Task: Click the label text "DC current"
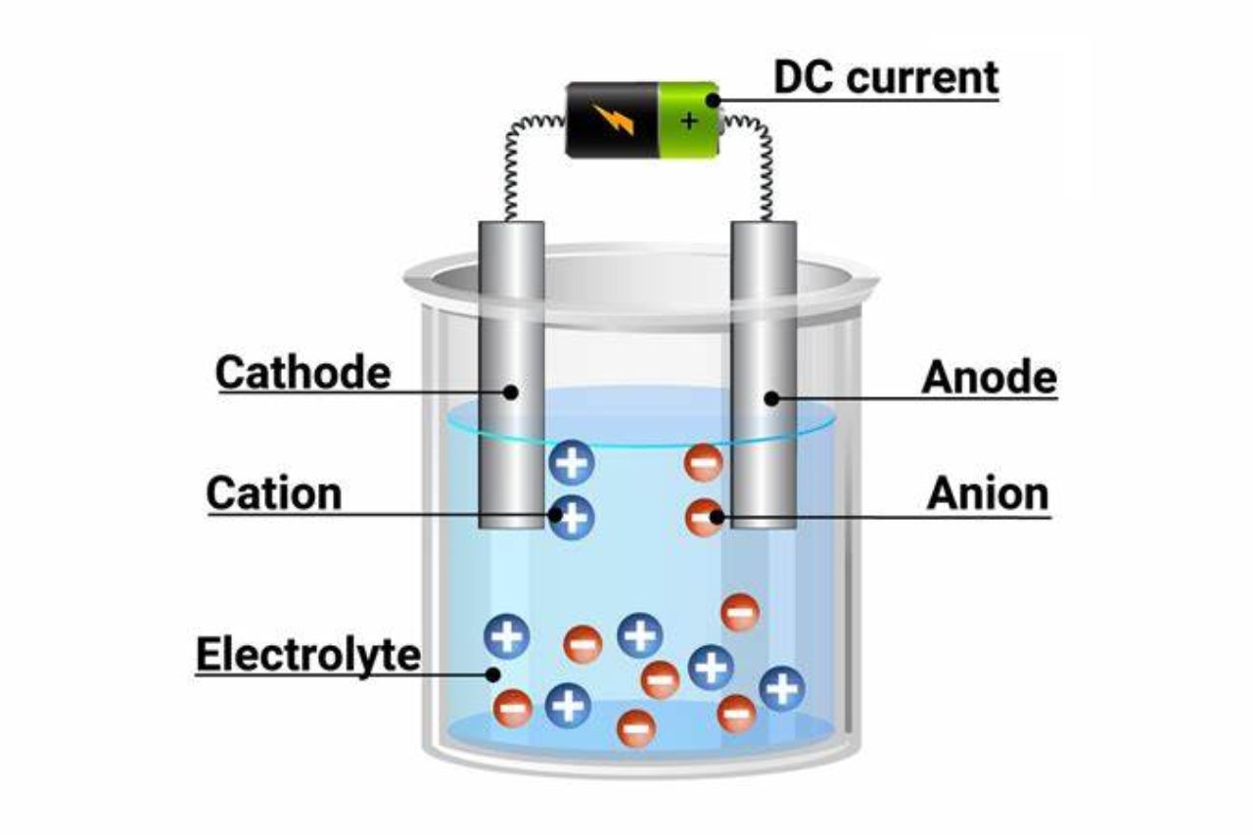click(886, 77)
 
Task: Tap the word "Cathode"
click(302, 372)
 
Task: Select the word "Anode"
click(989, 377)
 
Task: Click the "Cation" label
click(273, 493)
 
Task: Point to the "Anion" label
click(988, 494)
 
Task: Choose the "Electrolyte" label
click(308, 654)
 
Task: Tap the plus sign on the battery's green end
click(690, 121)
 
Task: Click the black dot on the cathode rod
click(511, 393)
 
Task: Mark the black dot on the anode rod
click(771, 397)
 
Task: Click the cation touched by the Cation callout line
click(572, 515)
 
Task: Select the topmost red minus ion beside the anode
click(703, 461)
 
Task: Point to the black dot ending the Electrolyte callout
click(494, 673)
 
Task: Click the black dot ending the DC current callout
click(714, 100)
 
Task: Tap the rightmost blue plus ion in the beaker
click(781, 689)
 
